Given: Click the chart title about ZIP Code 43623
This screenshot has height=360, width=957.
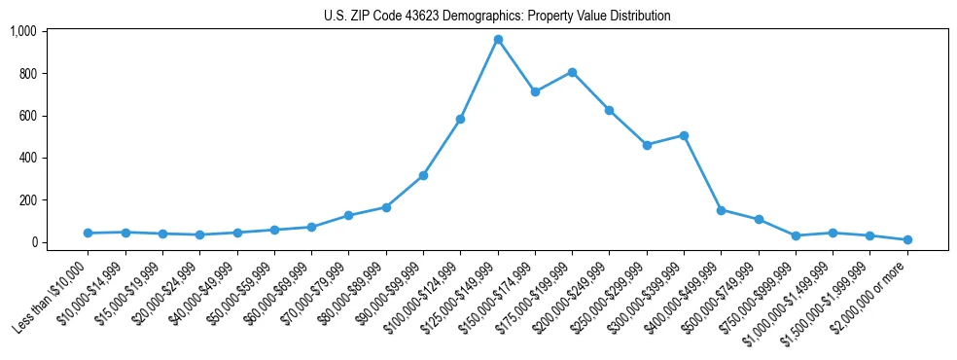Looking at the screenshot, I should tap(497, 16).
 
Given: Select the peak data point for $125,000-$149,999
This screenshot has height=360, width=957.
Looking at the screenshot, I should tap(498, 40).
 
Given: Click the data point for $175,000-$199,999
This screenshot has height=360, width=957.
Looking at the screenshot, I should tap(572, 72).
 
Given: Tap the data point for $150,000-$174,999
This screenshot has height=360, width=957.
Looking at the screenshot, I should tap(535, 91).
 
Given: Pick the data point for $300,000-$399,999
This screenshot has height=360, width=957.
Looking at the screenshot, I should tap(684, 135).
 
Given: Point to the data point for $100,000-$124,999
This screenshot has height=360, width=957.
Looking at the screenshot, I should tap(460, 119).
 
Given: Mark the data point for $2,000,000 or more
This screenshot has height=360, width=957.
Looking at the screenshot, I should tap(907, 239).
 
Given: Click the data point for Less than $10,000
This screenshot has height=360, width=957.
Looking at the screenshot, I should tap(88, 233).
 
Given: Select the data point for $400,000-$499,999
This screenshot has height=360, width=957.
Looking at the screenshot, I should tap(721, 210).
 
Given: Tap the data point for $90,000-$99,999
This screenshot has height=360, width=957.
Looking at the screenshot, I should tap(423, 175).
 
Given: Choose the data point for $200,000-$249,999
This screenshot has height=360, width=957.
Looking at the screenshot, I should tap(609, 110).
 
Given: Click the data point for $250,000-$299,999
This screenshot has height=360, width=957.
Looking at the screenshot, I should tap(647, 145).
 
